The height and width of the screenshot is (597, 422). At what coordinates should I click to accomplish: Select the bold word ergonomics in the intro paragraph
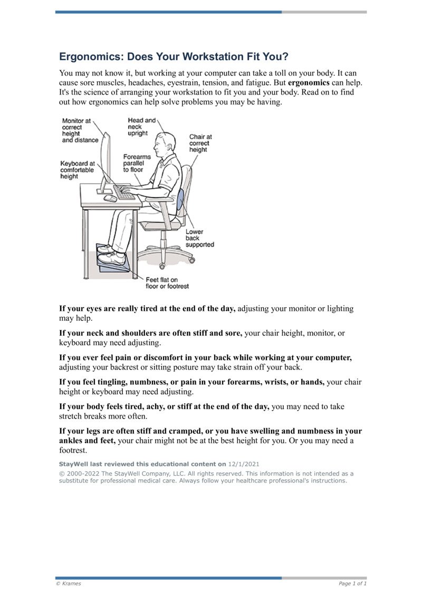coord(309,83)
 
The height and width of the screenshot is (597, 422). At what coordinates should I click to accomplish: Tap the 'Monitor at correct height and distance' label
coord(80,130)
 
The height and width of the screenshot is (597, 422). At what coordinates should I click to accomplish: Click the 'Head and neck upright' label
coord(141,127)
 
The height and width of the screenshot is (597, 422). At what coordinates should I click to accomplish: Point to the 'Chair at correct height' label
coord(199,143)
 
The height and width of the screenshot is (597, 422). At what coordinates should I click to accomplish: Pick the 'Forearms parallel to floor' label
coord(137,164)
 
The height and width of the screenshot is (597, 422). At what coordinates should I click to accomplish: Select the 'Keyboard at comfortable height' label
coord(77,170)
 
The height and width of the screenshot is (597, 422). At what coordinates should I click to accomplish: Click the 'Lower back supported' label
coord(199,239)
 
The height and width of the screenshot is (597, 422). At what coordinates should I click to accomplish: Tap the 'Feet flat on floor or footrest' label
coord(167,283)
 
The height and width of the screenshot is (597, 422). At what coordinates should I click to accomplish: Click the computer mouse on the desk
coord(110,198)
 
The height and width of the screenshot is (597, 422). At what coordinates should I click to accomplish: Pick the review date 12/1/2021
coord(244,464)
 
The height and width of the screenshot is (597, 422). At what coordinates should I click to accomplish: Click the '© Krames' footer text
coord(69,583)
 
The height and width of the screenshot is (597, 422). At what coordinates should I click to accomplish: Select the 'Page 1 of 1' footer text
coord(352,583)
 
